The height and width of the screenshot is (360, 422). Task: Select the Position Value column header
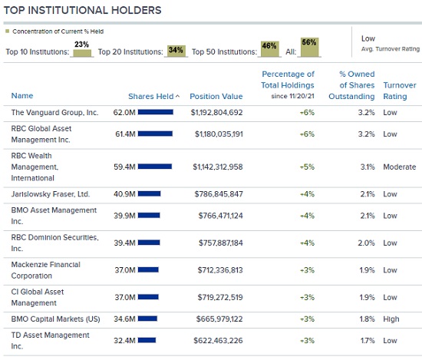[x=216, y=97]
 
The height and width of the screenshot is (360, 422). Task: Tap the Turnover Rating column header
[x=400, y=91]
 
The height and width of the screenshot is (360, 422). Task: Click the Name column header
[x=22, y=96]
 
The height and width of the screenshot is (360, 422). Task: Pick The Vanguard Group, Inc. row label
[x=54, y=113]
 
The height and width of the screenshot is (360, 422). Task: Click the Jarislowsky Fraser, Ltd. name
[x=51, y=194]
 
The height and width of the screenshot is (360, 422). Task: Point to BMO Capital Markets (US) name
[x=55, y=319]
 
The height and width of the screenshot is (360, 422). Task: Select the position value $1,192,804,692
[x=216, y=113]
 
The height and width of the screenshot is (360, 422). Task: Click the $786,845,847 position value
[x=219, y=194]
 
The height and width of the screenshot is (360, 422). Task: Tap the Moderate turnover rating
[x=400, y=167]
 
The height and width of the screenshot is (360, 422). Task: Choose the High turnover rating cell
[x=391, y=319]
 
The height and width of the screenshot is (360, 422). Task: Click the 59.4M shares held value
[x=124, y=167]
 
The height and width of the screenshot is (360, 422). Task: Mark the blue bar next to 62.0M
[x=156, y=112]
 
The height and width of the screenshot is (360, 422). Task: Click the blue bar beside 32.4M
[x=147, y=340]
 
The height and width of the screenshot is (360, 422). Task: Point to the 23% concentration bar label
[x=81, y=45]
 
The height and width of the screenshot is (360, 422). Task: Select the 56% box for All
[x=309, y=47]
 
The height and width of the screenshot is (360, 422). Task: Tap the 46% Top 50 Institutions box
[x=269, y=49]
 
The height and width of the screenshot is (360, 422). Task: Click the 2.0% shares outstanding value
[x=366, y=243]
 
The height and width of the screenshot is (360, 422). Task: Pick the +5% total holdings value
[x=307, y=167]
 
